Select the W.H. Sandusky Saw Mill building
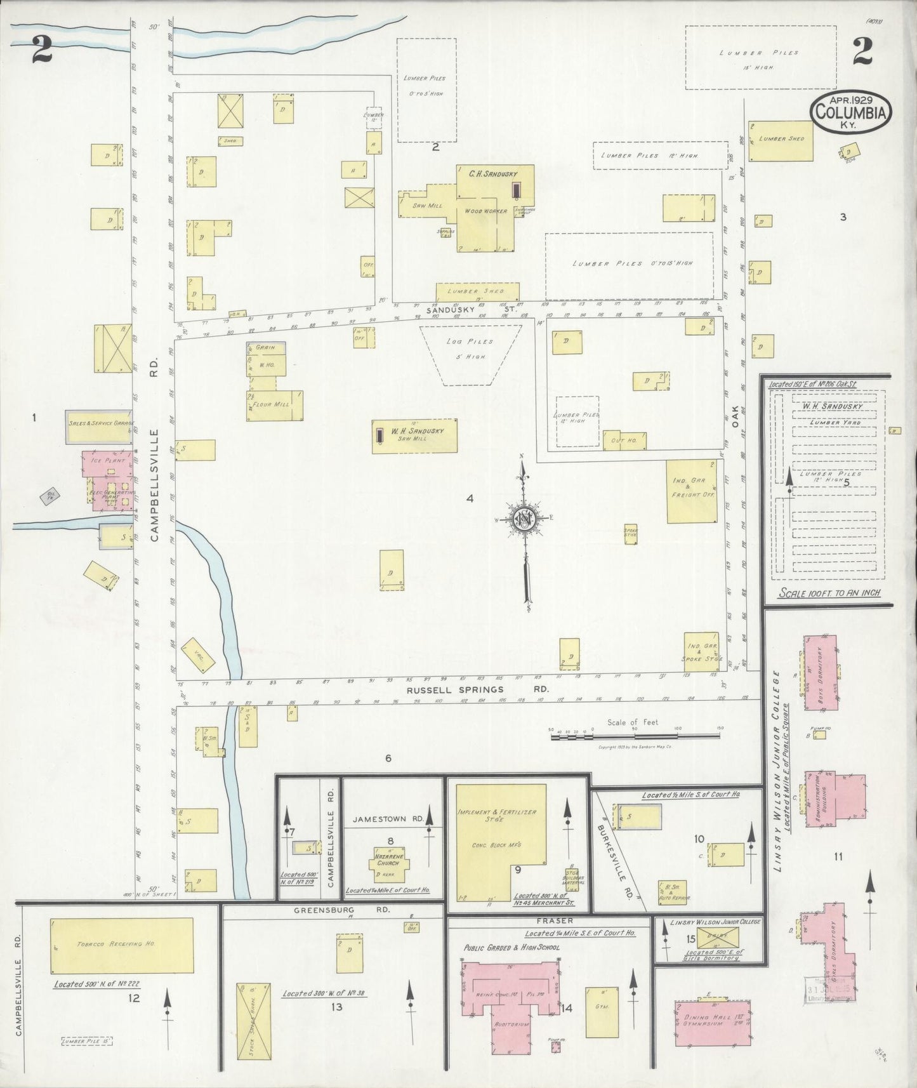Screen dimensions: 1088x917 [414, 435]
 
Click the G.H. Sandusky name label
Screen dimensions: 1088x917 [493, 173]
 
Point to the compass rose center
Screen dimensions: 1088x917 [525, 519]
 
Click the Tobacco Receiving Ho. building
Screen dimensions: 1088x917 [121, 945]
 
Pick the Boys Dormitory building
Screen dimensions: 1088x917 [820, 672]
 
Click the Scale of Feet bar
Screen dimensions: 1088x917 [635, 736]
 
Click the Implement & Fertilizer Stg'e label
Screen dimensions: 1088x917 [496, 816]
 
